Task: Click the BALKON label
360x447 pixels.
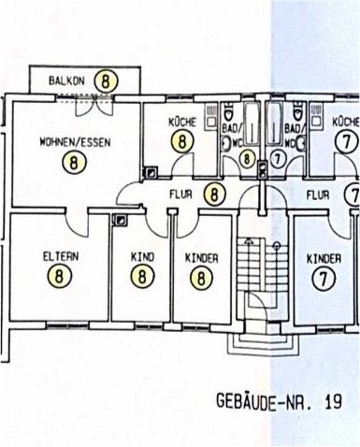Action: click(x=67, y=81)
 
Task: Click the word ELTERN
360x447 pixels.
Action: click(x=60, y=256)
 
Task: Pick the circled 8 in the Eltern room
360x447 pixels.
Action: click(x=61, y=276)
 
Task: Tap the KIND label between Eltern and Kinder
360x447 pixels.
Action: click(x=142, y=256)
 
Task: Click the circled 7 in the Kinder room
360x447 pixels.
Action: click(x=324, y=277)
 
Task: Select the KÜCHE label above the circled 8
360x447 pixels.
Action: click(x=180, y=123)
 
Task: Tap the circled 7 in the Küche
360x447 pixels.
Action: click(x=347, y=141)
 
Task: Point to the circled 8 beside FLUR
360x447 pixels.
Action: click(x=216, y=195)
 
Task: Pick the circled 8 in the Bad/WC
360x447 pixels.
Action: click(x=247, y=158)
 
